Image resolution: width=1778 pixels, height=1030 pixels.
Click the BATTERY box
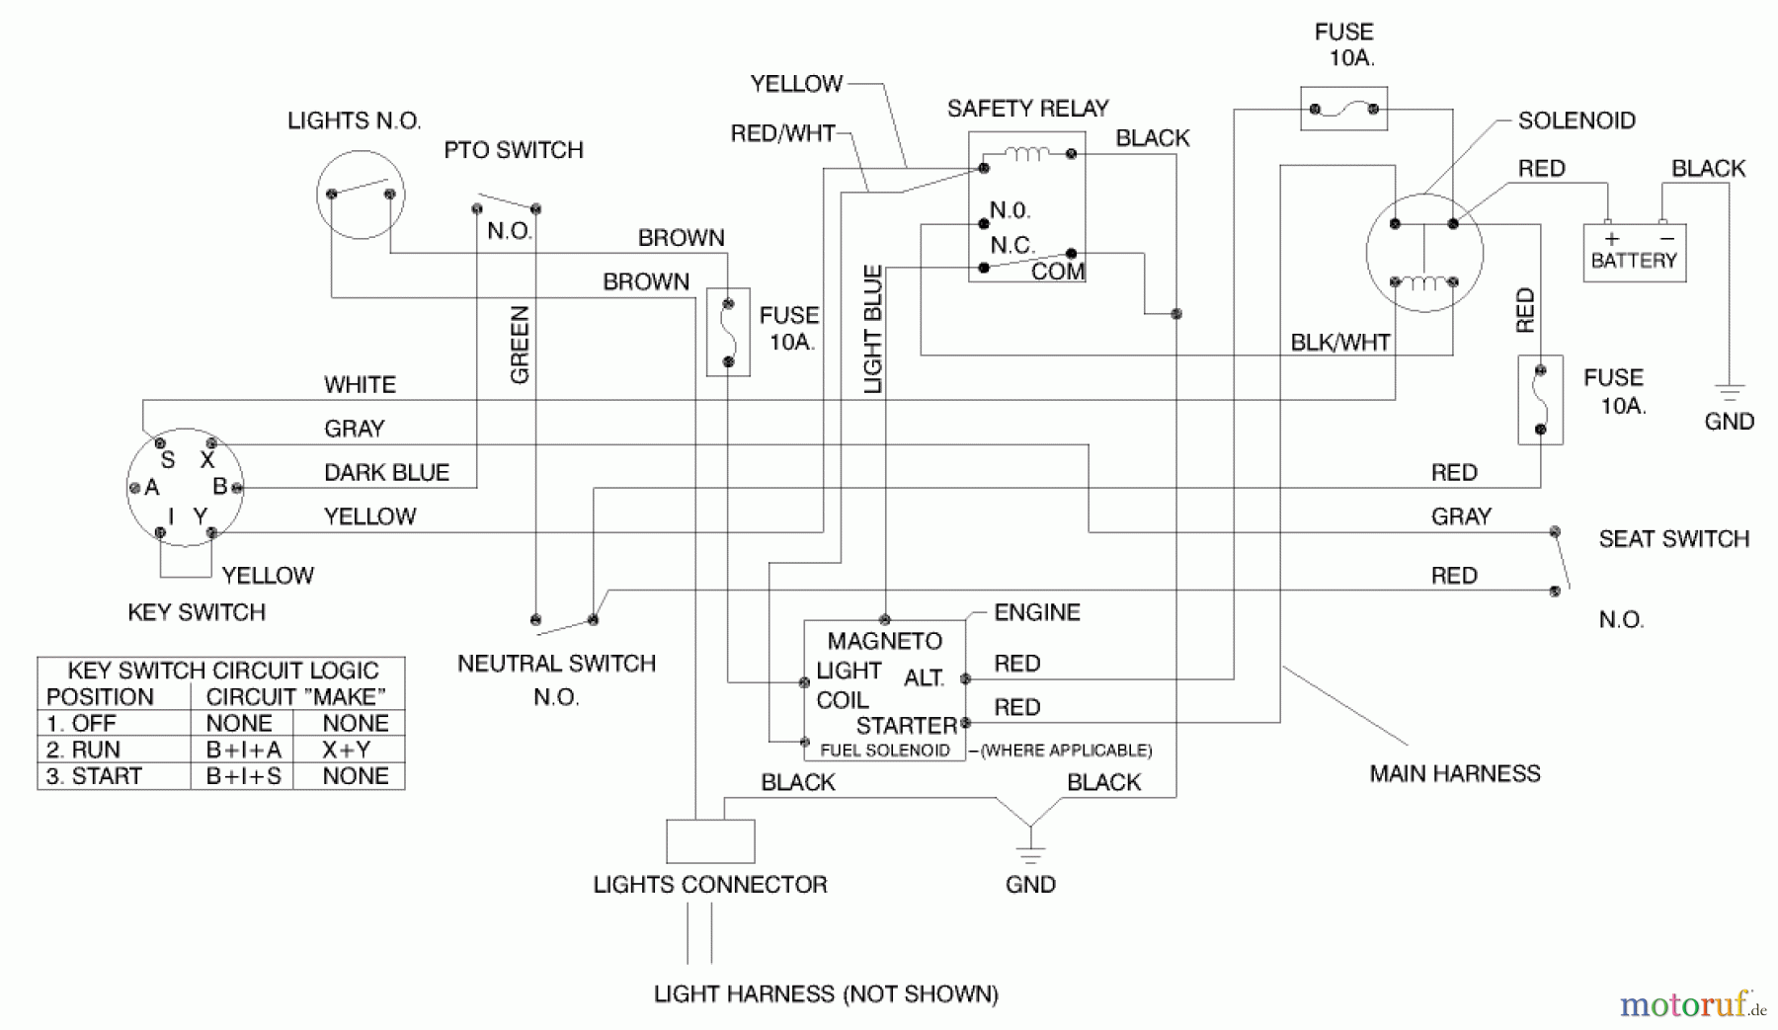point(1634,253)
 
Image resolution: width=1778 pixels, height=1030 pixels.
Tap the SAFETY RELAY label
point(1027,109)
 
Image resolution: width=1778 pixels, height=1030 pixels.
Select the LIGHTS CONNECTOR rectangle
point(710,841)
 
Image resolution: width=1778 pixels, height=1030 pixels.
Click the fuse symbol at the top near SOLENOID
point(1343,109)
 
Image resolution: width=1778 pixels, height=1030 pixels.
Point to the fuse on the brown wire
point(728,333)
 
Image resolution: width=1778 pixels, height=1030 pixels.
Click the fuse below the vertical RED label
point(1540,400)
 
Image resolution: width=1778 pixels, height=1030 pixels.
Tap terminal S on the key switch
point(160,443)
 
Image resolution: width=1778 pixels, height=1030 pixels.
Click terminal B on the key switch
point(237,487)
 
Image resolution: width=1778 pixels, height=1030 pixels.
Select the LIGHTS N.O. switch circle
point(361,195)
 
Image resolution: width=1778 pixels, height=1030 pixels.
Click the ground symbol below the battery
point(1730,392)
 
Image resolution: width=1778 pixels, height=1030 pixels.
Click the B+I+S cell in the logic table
point(243,776)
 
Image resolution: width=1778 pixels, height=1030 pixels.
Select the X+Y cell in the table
point(347,750)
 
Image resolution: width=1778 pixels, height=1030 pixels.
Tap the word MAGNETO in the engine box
point(884,642)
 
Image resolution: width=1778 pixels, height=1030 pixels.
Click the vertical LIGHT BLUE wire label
point(873,330)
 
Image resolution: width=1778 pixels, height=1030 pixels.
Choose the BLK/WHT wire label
point(1339,343)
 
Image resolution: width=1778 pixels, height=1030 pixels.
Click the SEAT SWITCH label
point(1673,539)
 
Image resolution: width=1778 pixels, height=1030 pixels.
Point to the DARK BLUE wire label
point(386,473)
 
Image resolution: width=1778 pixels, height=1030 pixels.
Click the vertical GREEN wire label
point(520,345)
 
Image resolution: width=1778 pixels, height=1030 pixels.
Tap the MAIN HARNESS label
point(1454,773)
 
